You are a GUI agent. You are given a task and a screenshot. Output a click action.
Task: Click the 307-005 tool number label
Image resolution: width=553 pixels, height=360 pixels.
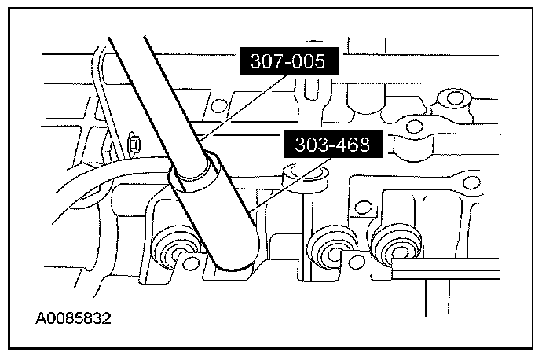289,61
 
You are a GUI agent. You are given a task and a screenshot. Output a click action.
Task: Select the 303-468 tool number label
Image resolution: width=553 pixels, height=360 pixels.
333,145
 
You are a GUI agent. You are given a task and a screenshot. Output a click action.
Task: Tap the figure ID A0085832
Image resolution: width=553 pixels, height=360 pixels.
73,318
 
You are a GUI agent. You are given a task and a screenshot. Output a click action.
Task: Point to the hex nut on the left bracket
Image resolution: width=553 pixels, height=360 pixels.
134,144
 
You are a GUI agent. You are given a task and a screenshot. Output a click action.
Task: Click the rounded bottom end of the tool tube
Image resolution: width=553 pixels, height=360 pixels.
235,263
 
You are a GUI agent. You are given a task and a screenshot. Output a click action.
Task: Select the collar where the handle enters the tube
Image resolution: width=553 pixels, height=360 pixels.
195,172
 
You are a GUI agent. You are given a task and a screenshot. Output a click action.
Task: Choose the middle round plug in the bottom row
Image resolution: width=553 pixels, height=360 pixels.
331,250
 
